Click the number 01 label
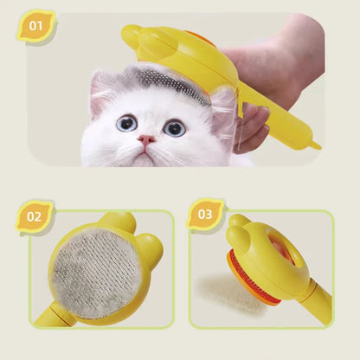point(35,25)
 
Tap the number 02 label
point(35,216)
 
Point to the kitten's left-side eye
point(127,123)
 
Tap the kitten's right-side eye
point(174,127)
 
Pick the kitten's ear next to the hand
point(223,108)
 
